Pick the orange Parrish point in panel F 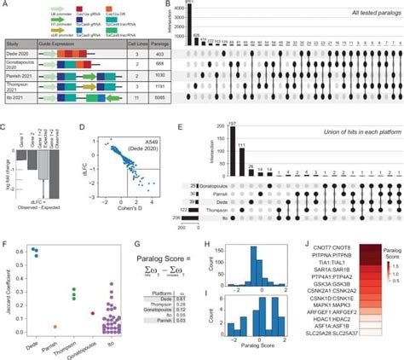click(x=55, y=327)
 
